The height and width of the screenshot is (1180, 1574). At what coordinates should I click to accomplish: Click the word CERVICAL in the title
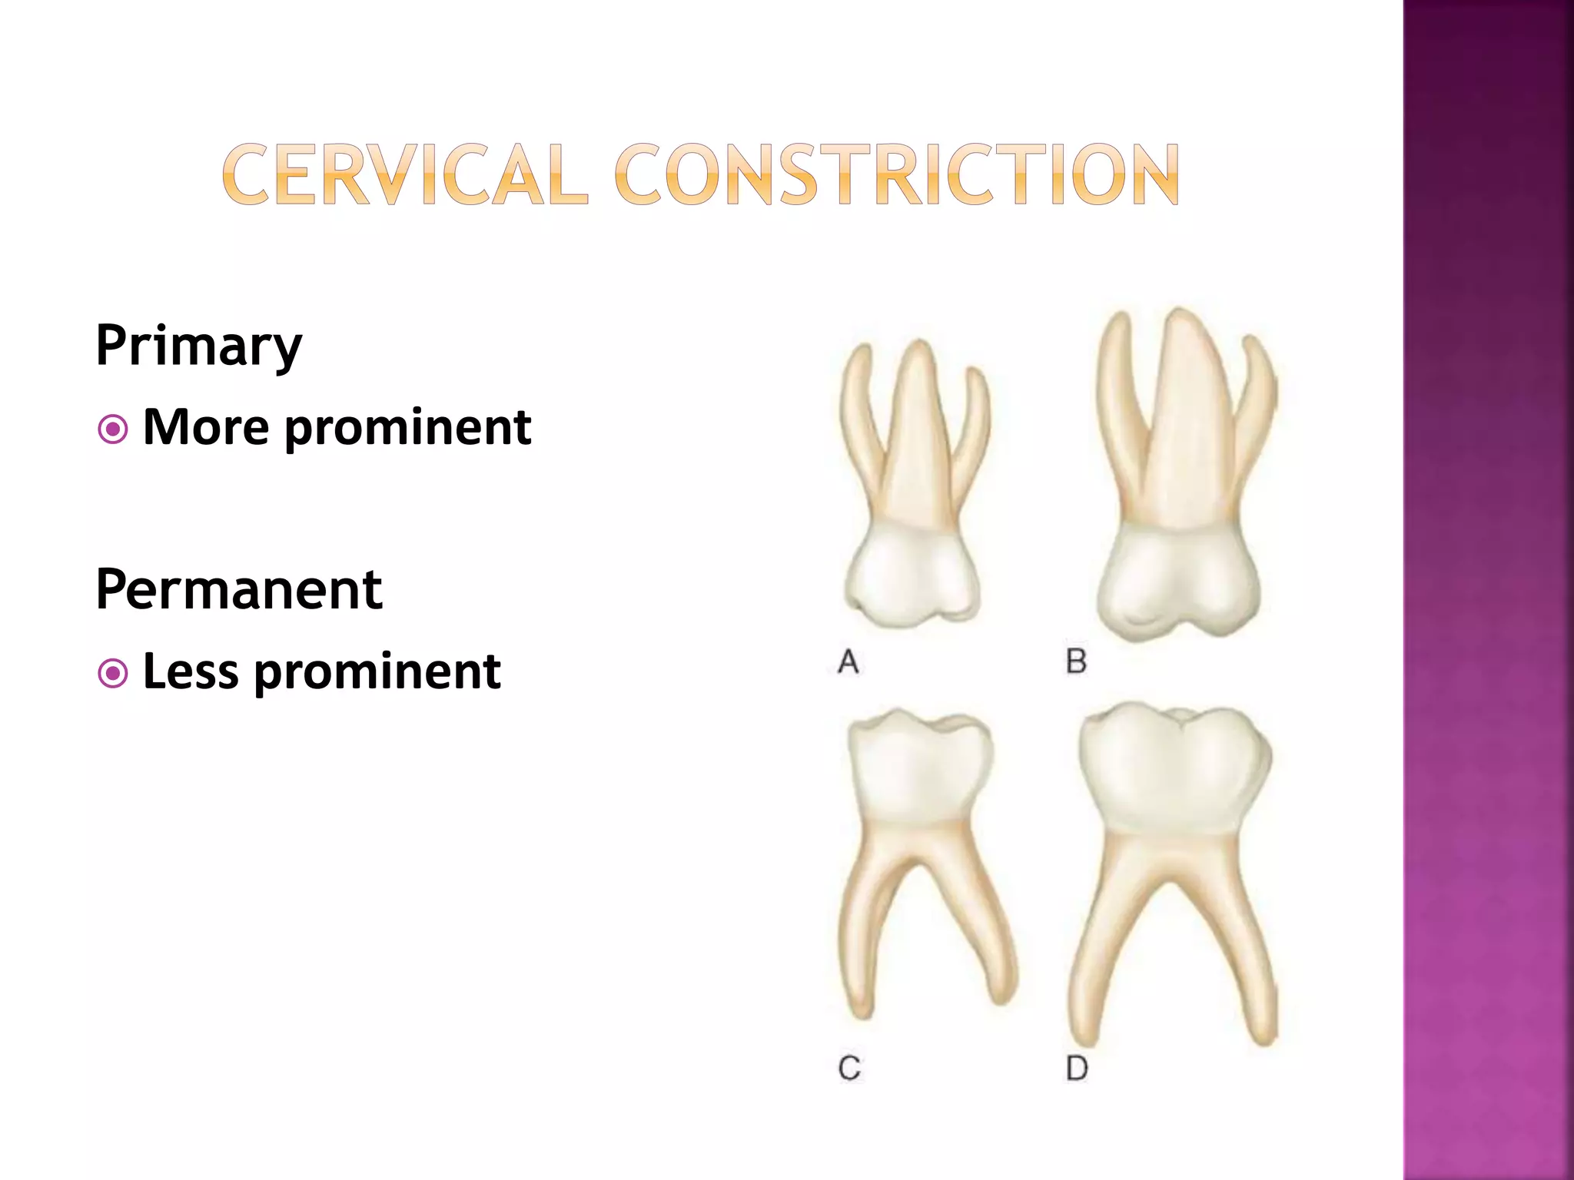tap(405, 174)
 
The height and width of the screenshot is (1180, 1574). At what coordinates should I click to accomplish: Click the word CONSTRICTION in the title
tap(897, 174)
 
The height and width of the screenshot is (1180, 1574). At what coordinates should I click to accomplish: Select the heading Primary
tap(198, 346)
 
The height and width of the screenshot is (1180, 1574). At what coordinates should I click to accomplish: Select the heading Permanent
tap(238, 590)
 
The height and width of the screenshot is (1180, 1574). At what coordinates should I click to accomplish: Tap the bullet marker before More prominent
tap(113, 429)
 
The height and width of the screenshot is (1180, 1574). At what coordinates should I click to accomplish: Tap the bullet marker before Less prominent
tap(113, 674)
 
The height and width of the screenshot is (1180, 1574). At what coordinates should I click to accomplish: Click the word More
tap(206, 427)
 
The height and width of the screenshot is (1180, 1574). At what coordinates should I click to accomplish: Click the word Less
tap(191, 671)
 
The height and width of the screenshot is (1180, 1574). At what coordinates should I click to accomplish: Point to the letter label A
tap(848, 661)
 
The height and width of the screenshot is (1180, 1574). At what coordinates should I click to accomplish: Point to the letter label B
tap(1077, 661)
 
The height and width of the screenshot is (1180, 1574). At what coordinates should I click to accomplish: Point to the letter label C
tap(849, 1068)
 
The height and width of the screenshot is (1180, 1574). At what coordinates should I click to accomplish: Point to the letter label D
tap(1078, 1068)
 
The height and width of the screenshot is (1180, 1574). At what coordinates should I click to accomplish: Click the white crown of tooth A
tap(911, 576)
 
